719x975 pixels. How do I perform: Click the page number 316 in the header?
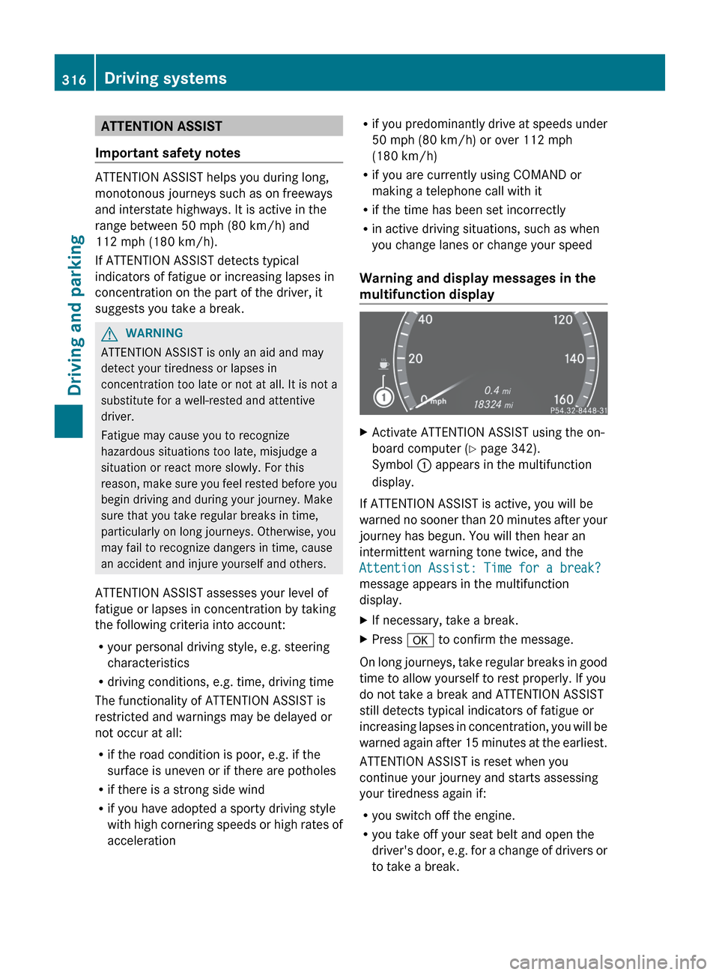pos(74,79)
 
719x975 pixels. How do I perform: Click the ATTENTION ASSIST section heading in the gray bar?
pos(161,126)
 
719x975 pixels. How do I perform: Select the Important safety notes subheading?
pos(168,153)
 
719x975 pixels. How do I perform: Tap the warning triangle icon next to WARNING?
pos(109,333)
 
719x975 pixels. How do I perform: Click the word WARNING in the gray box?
pos(154,333)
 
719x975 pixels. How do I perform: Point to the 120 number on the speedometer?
pos(562,320)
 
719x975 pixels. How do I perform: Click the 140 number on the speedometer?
pos(574,359)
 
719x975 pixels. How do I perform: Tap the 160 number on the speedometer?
pos(563,399)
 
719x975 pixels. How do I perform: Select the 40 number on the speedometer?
pos(425,319)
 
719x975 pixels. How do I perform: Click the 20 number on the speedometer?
pos(415,359)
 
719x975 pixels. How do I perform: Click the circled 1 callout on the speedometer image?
pos(383,397)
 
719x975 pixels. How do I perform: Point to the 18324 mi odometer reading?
pos(493,404)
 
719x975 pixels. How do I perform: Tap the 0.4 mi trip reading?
pos(497,390)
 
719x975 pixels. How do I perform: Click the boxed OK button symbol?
pos(420,640)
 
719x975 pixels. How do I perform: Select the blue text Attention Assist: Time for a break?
pos(480,568)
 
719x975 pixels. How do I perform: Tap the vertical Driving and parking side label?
pos(76,315)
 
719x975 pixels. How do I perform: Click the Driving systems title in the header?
pos(166,78)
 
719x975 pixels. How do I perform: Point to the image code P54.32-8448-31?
pos(578,410)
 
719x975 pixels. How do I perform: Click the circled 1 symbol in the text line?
pos(424,465)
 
